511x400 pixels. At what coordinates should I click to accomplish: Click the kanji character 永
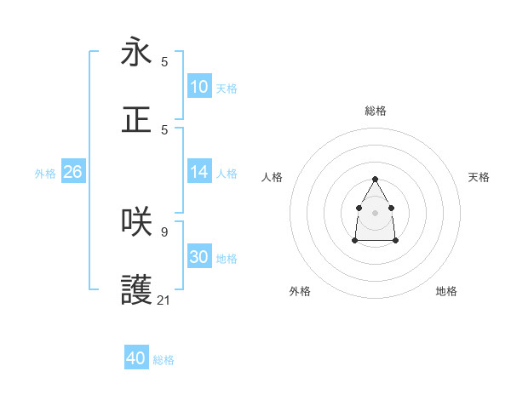click(x=136, y=52)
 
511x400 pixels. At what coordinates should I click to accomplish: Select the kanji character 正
click(x=136, y=120)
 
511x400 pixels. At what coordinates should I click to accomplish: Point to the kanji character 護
click(x=136, y=289)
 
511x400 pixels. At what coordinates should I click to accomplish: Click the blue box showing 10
click(x=199, y=87)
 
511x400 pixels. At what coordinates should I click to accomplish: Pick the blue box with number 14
click(x=199, y=172)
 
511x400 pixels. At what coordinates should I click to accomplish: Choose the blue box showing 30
click(x=199, y=257)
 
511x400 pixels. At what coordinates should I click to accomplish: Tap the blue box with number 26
click(x=72, y=172)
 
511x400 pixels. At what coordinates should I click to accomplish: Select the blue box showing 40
click(x=136, y=358)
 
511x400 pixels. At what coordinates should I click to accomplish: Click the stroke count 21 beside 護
click(x=164, y=300)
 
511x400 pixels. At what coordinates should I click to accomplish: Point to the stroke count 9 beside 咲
click(x=164, y=231)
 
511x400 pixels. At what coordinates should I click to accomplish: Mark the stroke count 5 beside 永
click(x=164, y=61)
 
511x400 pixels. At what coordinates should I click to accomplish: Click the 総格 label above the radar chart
click(x=376, y=111)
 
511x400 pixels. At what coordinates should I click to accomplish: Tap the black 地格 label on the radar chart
click(x=446, y=291)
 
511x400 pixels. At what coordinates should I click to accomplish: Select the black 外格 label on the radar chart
click(x=300, y=291)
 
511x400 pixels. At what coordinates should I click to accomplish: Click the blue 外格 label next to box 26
click(x=45, y=174)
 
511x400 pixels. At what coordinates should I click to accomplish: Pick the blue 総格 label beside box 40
click(x=164, y=360)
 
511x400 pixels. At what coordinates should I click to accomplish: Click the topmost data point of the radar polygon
click(x=375, y=179)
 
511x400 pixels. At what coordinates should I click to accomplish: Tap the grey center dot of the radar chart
click(x=375, y=212)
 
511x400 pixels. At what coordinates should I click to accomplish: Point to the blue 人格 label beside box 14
click(x=227, y=174)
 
